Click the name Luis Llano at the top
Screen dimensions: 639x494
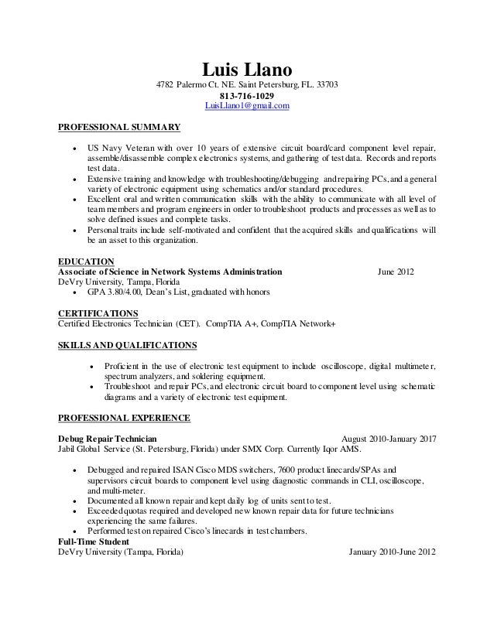click(246, 69)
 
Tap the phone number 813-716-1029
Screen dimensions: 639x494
click(246, 95)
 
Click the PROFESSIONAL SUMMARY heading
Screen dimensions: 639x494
click(119, 126)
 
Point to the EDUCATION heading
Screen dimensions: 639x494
click(87, 261)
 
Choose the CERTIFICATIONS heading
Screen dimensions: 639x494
click(98, 313)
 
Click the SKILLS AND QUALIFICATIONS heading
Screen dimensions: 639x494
click(128, 343)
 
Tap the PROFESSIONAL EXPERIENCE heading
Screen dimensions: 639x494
click(125, 418)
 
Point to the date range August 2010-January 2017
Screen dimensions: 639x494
click(383, 439)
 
